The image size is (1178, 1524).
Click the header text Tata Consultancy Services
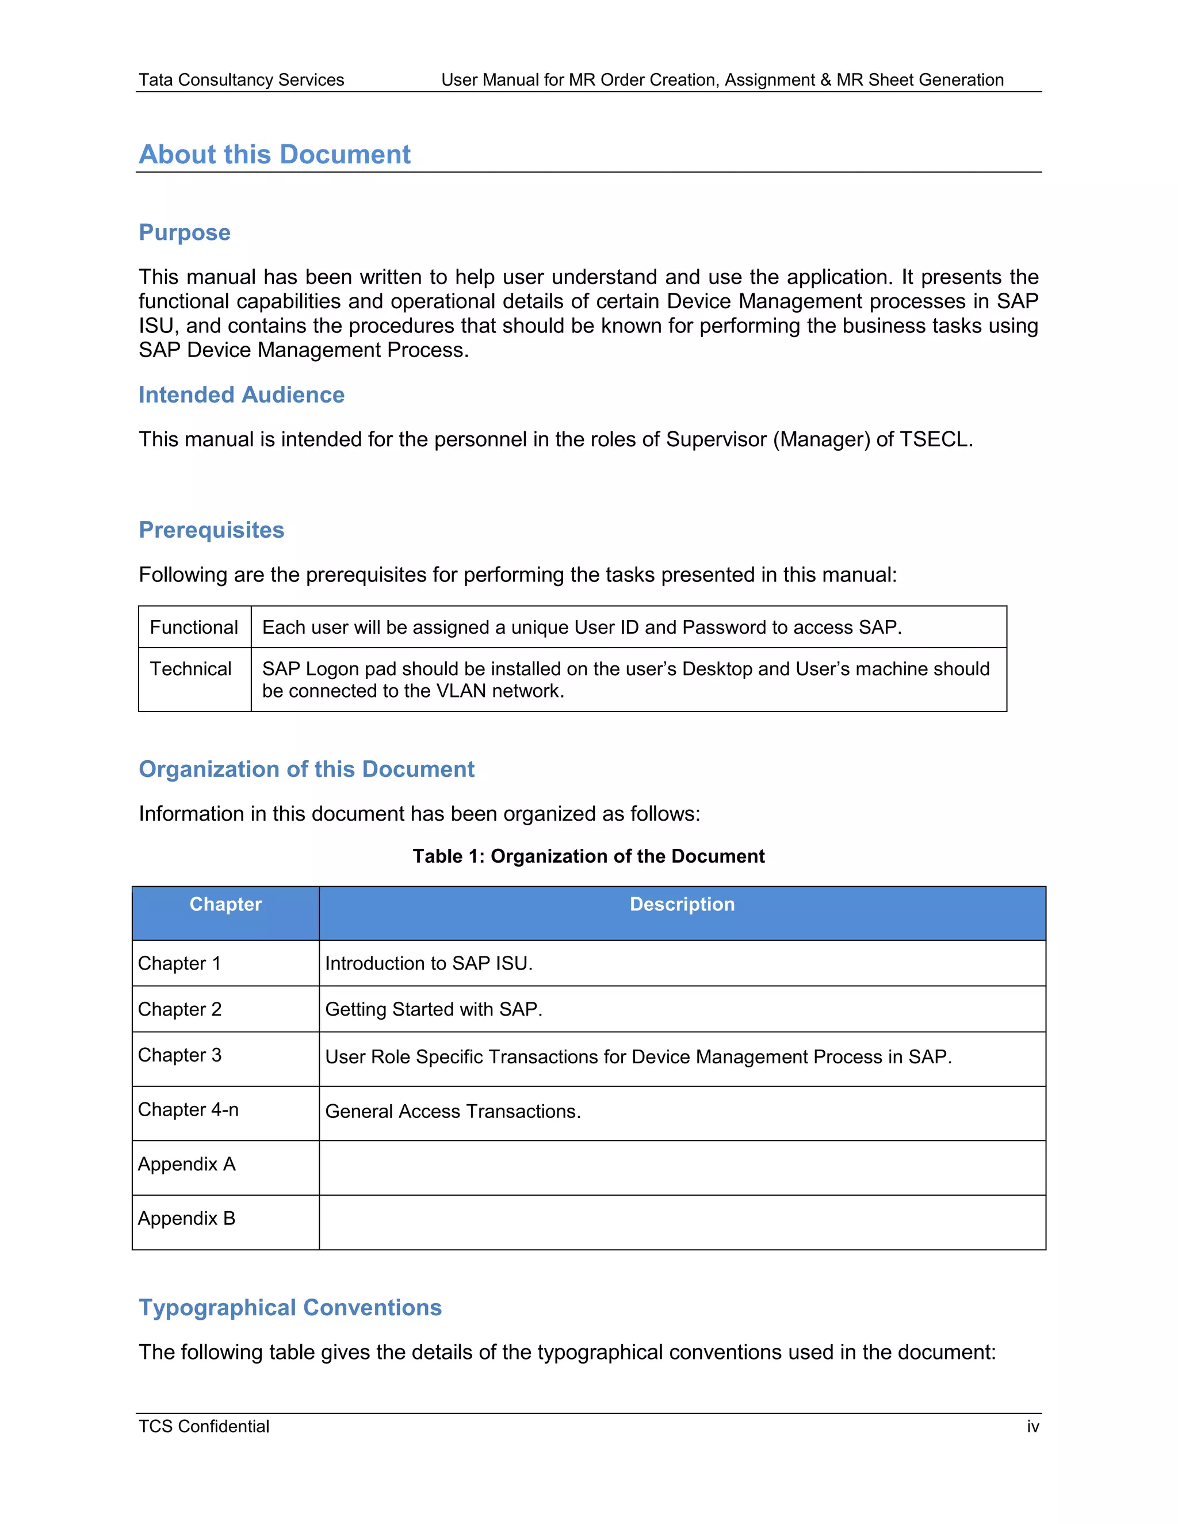241,79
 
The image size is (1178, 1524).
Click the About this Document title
274,154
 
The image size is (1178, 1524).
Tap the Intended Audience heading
242,395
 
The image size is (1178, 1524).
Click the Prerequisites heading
212,530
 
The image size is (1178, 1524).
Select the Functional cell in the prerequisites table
194,627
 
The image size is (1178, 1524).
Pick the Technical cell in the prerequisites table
190,669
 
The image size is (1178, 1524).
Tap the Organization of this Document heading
307,769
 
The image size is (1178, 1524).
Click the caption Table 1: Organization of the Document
588,856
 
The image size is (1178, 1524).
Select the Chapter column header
225,905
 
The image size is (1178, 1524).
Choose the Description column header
682,905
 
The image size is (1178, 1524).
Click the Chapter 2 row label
179,1010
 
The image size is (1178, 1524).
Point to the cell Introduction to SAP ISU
429,964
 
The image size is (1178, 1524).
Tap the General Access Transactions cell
453,1112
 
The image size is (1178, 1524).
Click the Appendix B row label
186,1219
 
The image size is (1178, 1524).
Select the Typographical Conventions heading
290,1308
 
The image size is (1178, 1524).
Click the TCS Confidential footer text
204,1426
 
